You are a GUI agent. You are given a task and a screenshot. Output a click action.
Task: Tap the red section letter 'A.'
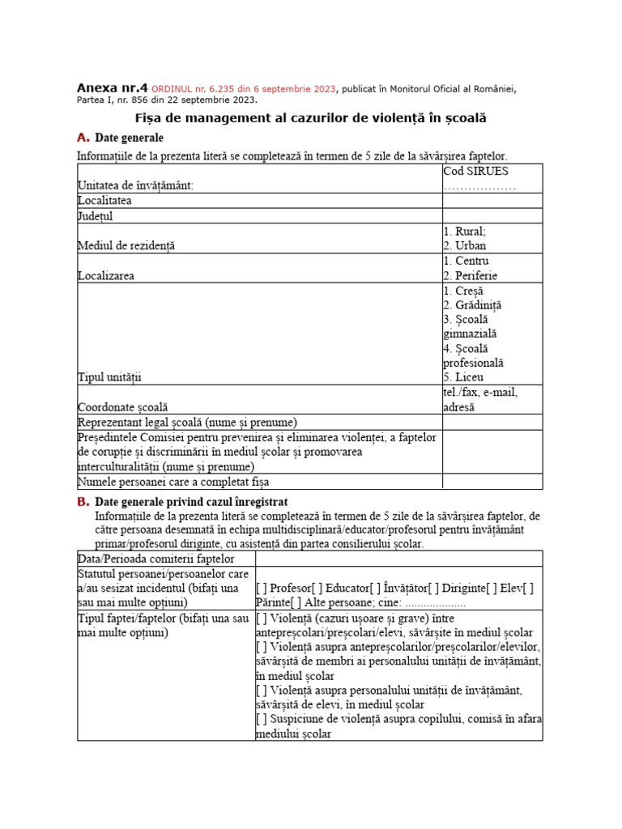click(x=83, y=138)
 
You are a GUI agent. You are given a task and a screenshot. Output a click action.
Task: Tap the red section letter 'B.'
click(x=83, y=502)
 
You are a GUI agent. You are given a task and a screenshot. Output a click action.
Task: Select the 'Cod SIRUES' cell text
click(x=475, y=171)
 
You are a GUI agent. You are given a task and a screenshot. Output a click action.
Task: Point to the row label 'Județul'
click(x=96, y=216)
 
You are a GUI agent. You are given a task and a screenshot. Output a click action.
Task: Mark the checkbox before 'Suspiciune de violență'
click(x=261, y=719)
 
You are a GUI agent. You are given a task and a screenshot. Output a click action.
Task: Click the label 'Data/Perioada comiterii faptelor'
click(x=156, y=559)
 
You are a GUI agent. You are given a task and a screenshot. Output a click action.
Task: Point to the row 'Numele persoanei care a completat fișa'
click(x=173, y=482)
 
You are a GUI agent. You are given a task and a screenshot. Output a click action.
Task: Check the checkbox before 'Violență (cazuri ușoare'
click(x=261, y=618)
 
